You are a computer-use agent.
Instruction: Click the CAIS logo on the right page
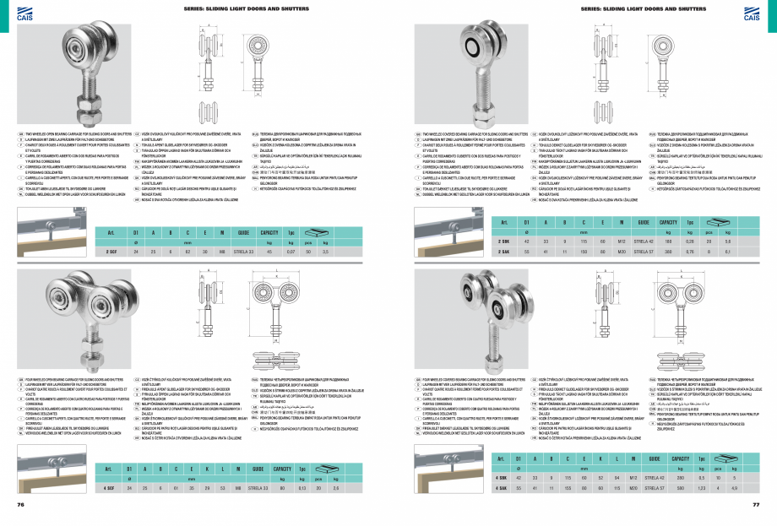(751, 10)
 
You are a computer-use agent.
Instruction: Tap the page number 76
(21, 504)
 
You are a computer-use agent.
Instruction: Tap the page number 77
(756, 504)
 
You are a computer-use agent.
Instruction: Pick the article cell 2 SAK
(503, 251)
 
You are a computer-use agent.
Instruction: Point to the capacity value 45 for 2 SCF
(269, 252)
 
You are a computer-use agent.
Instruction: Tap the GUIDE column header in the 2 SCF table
(243, 231)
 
